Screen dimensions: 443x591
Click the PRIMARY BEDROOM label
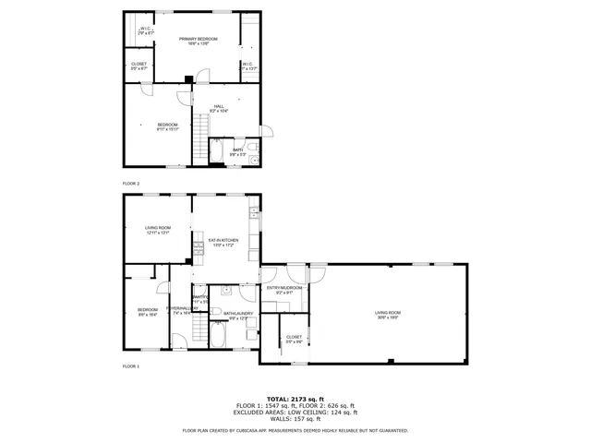coord(194,39)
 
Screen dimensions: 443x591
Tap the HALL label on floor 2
coord(219,106)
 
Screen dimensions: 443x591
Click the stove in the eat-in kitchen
coord(198,246)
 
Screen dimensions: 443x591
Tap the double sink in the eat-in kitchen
coord(251,216)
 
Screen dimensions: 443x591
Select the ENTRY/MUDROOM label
coord(283,288)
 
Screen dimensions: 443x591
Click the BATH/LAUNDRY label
coord(238,313)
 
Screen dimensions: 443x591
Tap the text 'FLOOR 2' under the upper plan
coord(131,184)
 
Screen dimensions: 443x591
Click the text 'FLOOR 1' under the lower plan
coord(131,366)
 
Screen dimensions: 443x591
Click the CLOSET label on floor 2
coord(139,64)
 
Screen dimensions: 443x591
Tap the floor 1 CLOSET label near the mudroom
coord(294,337)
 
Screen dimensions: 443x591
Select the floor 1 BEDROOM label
coord(148,309)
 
